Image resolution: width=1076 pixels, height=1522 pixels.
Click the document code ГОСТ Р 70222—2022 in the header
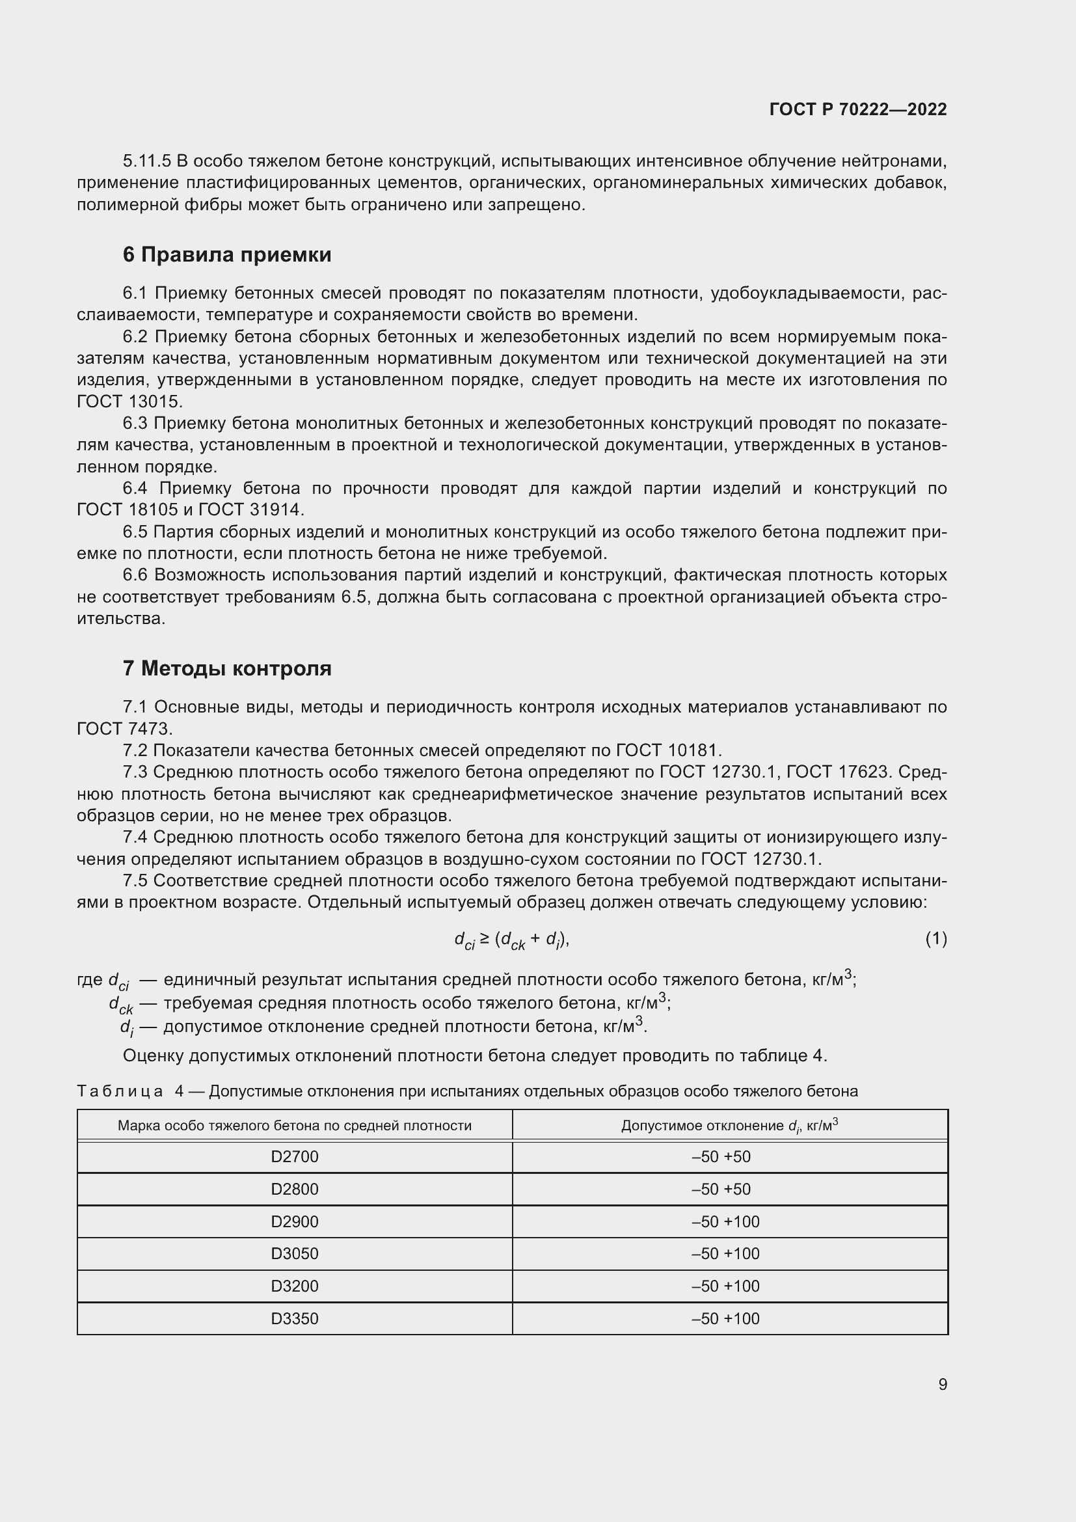(858, 109)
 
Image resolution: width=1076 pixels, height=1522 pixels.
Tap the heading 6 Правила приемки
(226, 254)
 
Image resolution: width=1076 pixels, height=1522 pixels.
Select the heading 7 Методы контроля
(226, 668)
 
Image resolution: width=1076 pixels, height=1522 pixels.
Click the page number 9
(942, 1384)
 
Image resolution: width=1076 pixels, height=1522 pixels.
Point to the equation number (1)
(935, 939)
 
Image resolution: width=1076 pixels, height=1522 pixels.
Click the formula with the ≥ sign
(511, 940)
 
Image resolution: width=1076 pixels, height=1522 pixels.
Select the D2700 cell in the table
(294, 1157)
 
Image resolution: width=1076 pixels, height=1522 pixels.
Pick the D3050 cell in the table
(294, 1253)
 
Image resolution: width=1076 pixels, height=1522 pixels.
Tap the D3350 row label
(294, 1318)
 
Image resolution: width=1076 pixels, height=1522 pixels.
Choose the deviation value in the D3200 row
(725, 1286)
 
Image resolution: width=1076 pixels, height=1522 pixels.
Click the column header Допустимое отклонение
(729, 1126)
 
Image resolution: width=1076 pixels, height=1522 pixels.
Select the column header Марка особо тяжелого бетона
(294, 1126)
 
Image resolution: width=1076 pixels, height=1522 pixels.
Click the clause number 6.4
(135, 489)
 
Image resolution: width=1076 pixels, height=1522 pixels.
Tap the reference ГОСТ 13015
(129, 401)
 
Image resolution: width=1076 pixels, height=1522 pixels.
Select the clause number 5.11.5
(146, 161)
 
